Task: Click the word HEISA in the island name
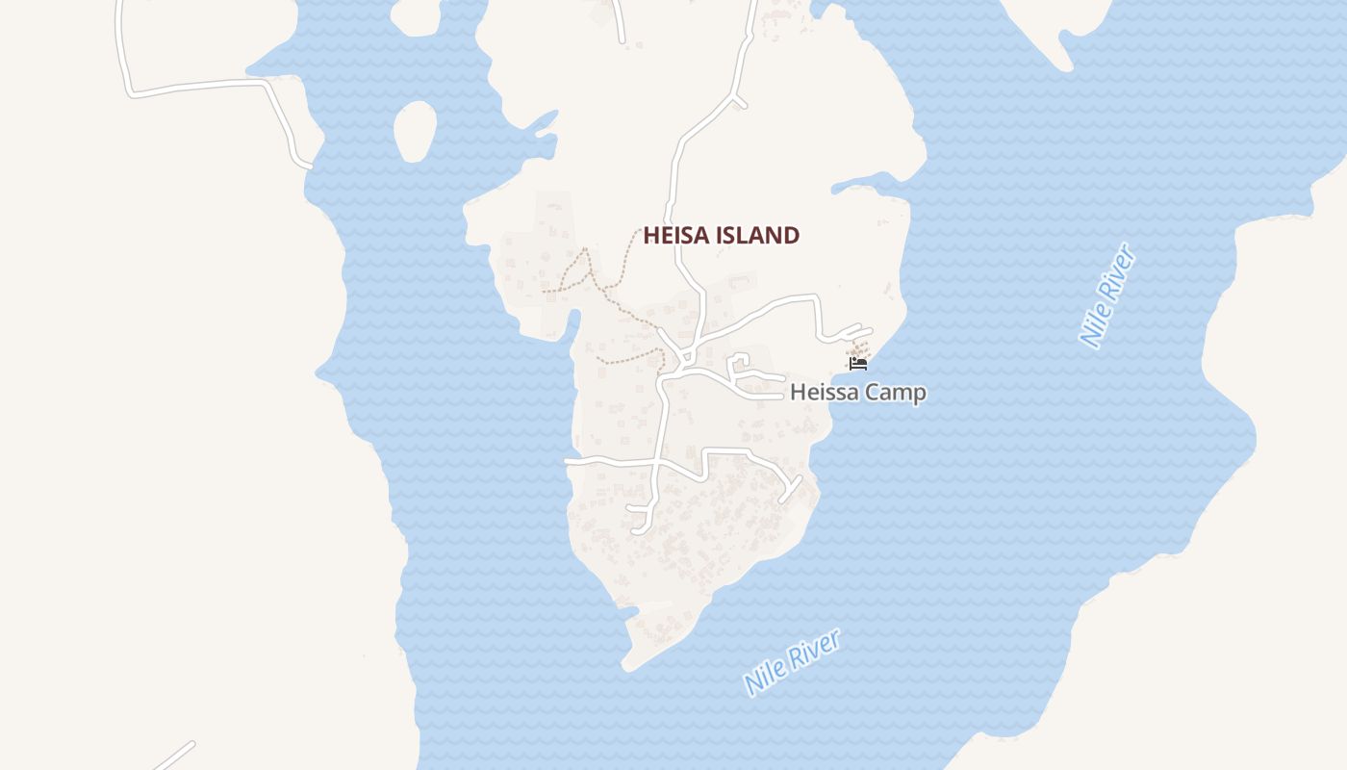[673, 235]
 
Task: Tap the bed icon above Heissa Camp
[858, 363]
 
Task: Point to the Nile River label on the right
[1109, 295]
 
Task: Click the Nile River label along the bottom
[793, 661]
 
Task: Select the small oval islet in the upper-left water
[416, 131]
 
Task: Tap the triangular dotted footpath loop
[574, 274]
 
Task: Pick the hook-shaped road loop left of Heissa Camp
[738, 364]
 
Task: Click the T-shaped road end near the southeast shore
[791, 489]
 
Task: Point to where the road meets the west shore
[569, 462]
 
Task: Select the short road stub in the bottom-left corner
[174, 756]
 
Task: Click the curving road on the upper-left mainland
[192, 87]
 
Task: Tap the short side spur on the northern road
[738, 100]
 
